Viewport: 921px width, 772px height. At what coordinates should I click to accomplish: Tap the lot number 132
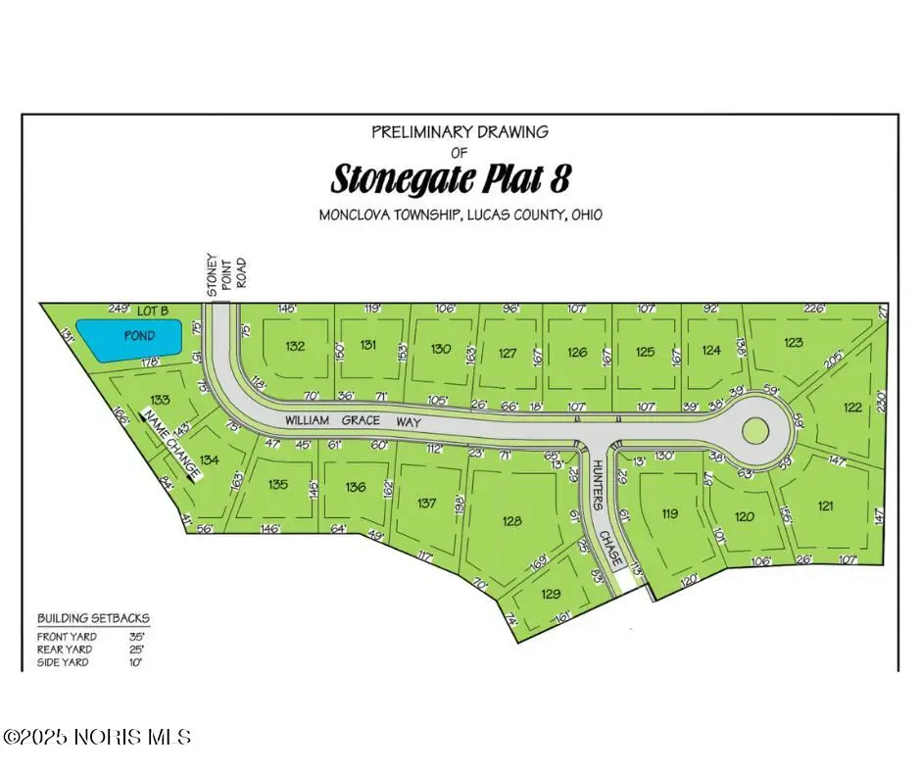click(x=295, y=346)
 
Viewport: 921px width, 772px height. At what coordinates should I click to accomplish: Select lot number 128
click(x=512, y=521)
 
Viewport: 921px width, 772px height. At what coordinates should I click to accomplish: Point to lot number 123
click(x=794, y=342)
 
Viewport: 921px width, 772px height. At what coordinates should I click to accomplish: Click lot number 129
click(x=551, y=594)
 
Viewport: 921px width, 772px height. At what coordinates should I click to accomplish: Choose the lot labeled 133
click(x=161, y=400)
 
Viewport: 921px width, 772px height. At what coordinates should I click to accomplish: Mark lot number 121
click(x=826, y=506)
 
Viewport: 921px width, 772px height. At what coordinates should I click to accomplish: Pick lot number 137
click(x=426, y=503)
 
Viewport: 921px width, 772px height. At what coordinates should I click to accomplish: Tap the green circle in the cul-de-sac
click(x=755, y=429)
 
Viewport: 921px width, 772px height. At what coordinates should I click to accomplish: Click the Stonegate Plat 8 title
click(x=451, y=180)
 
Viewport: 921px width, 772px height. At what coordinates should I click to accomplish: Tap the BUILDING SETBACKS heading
click(x=94, y=619)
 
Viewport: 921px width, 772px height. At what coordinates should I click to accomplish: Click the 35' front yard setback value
click(x=136, y=635)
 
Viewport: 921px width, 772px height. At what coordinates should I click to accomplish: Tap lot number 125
click(x=644, y=352)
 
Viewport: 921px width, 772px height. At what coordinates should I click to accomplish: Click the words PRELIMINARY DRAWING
click(x=460, y=131)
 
